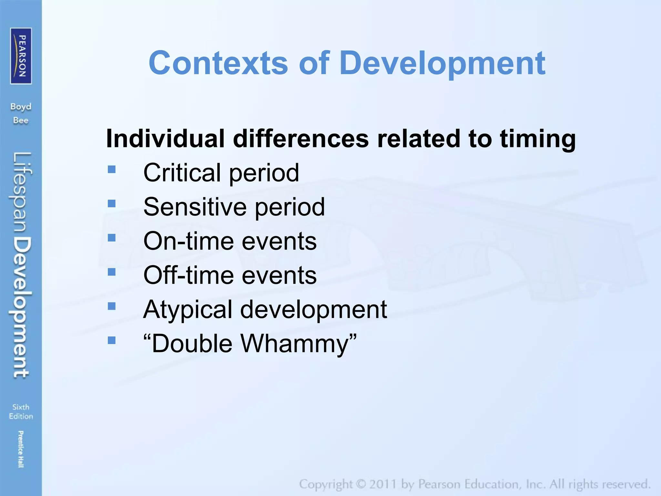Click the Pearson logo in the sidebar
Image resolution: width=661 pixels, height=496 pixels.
click(x=21, y=56)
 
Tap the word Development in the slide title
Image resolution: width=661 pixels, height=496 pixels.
click(x=442, y=63)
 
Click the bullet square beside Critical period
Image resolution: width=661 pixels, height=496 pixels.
click(x=112, y=169)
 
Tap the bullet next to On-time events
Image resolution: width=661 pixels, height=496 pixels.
click(x=112, y=238)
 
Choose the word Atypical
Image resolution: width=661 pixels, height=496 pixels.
click(x=188, y=309)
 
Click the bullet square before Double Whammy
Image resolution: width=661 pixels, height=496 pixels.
click(x=112, y=340)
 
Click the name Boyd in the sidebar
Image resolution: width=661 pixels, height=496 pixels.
click(x=21, y=107)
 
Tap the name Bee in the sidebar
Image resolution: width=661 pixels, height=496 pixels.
click(x=21, y=120)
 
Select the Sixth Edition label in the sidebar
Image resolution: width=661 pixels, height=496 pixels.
click(x=21, y=411)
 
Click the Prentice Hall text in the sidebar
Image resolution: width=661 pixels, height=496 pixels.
click(x=21, y=449)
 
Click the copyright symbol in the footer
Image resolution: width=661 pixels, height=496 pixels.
click(x=361, y=484)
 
